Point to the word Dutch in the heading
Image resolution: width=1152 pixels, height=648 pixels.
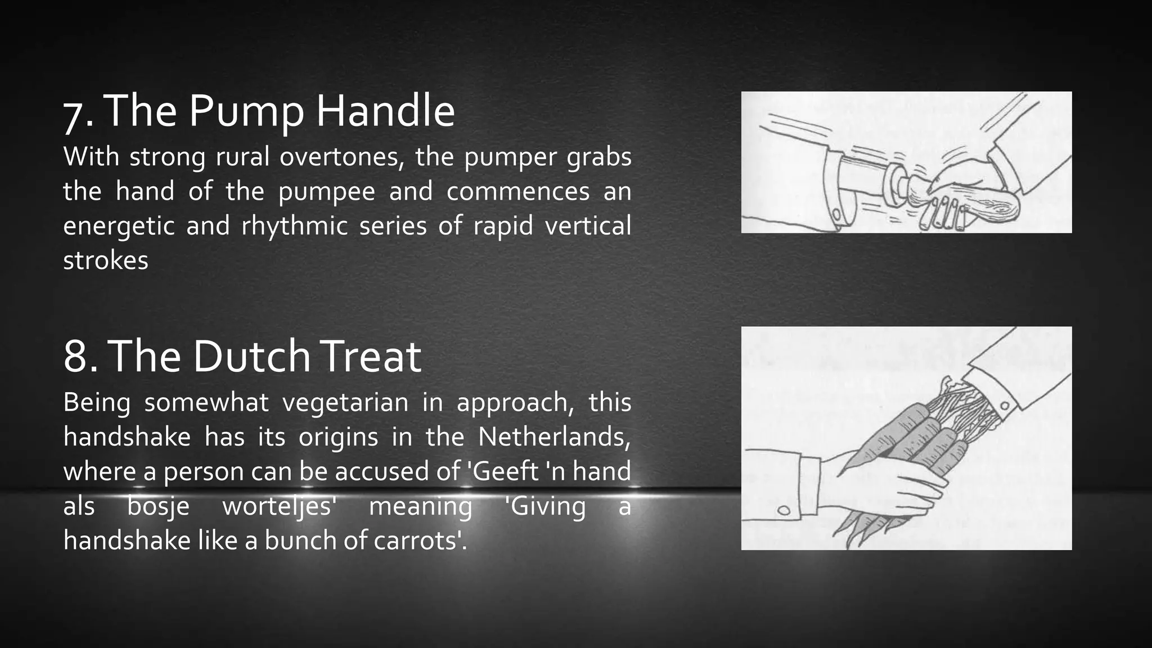(x=251, y=357)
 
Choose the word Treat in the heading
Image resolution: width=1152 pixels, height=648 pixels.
(x=371, y=357)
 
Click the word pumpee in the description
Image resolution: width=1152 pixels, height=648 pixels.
(x=326, y=192)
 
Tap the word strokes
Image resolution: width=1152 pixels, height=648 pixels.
(x=106, y=260)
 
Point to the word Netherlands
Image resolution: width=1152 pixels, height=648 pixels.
(x=554, y=437)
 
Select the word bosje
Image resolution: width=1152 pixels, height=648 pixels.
(x=158, y=506)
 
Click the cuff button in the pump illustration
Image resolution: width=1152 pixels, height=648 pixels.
(x=836, y=214)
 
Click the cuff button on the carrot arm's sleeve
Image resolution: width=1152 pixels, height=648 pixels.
(x=1004, y=405)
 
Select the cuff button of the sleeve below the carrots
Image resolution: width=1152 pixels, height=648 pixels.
(x=783, y=511)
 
